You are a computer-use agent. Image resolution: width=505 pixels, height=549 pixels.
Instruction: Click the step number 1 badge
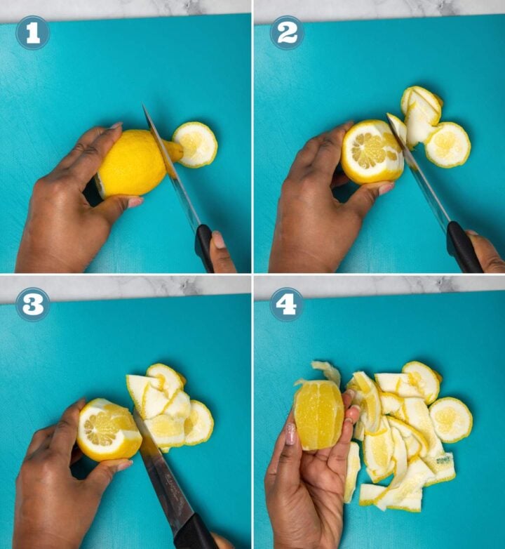tap(32, 32)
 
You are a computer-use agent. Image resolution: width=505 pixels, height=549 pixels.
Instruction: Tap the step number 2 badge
tap(286, 32)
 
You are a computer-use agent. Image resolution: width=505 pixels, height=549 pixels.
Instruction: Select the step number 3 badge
tap(32, 304)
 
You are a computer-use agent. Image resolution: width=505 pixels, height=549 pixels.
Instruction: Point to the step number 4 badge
tap(286, 304)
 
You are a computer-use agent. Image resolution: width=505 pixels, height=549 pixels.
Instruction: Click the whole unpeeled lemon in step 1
tap(133, 163)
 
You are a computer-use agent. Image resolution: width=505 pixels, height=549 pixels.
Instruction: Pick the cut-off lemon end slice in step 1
tap(195, 144)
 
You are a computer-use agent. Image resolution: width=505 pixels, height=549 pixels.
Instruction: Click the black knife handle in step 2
tap(464, 246)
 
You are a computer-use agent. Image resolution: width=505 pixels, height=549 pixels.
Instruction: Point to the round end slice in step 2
tap(447, 145)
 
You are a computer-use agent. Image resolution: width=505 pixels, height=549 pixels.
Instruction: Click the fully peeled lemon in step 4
tap(318, 414)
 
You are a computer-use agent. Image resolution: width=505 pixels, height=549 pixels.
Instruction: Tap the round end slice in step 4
tap(450, 419)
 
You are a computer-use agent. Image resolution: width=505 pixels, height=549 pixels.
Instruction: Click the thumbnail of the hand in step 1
tap(135, 202)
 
